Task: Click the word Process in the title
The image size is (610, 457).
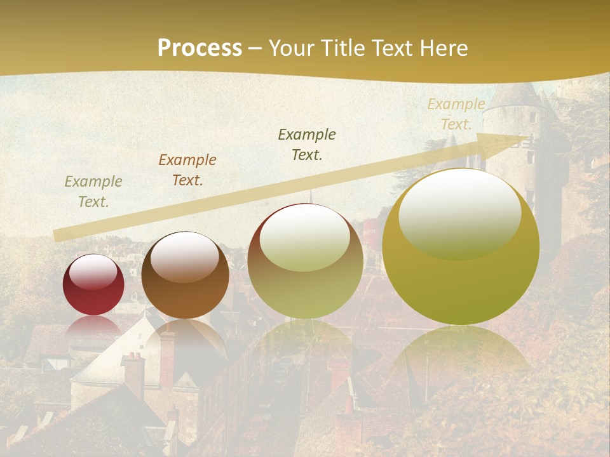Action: [200, 48]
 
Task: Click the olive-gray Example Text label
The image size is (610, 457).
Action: [93, 192]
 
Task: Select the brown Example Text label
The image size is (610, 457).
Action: [187, 170]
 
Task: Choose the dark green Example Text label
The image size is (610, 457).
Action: [307, 145]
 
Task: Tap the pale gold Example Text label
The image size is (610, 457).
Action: [456, 114]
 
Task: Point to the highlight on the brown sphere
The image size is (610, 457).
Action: [184, 256]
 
